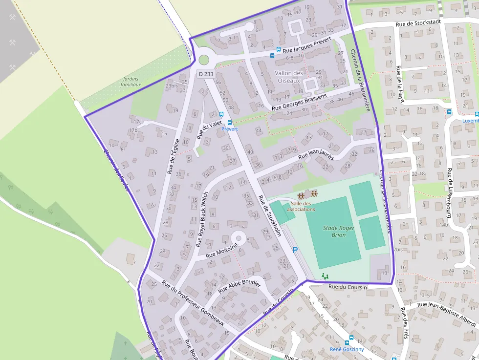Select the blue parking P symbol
point(295,250)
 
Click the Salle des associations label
point(303,206)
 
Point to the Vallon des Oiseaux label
point(289,76)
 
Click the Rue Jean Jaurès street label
point(316,155)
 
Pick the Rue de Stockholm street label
point(269,216)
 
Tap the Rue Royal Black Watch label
point(202,218)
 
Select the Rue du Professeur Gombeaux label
point(193,303)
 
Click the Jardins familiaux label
point(131,81)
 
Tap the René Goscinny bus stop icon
point(348,343)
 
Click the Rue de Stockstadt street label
point(418,22)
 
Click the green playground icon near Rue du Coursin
point(325,276)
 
